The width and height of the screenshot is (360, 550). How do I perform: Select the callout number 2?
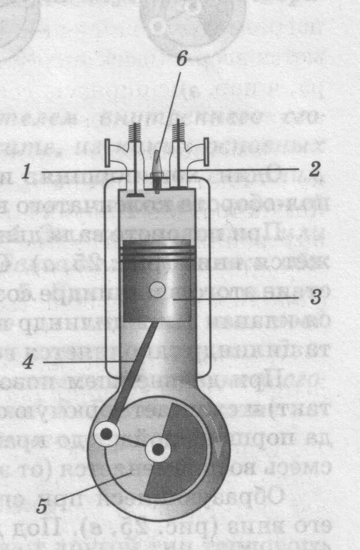tap(314, 169)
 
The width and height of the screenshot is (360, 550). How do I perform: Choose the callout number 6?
tap(181, 59)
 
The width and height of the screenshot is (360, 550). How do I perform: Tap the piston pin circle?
tap(157, 290)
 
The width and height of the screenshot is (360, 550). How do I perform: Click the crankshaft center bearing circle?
tap(156, 449)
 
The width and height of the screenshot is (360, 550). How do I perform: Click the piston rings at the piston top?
tap(157, 252)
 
